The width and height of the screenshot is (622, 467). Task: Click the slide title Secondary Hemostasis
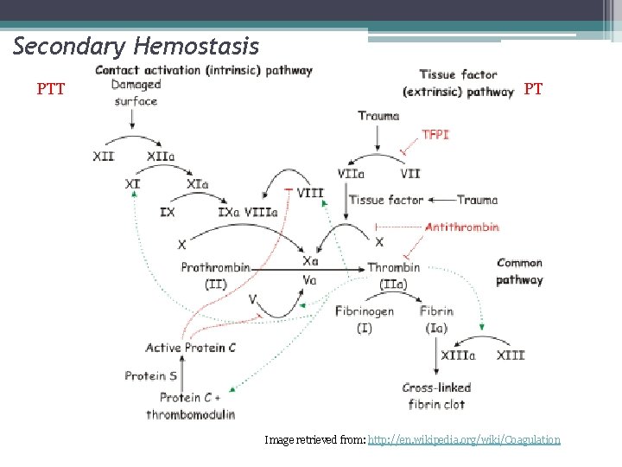[136, 46]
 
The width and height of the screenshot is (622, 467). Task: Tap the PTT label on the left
[51, 88]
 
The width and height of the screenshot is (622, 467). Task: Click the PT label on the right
[533, 88]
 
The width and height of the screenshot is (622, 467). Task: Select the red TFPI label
[435, 135]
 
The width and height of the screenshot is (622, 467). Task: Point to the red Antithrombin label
[461, 227]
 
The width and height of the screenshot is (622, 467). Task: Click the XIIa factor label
[161, 157]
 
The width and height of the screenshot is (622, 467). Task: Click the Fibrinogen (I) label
[364, 319]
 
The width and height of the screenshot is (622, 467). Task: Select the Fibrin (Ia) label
[436, 319]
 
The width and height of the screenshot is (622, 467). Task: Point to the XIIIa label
[457, 355]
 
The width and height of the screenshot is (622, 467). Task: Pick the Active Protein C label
[190, 348]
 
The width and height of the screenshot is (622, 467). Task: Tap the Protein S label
[150, 375]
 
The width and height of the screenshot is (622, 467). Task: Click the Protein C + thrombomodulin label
[191, 406]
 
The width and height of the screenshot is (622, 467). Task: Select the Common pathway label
[519, 271]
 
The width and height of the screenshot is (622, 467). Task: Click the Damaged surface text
[136, 93]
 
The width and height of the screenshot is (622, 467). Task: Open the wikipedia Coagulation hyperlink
[464, 440]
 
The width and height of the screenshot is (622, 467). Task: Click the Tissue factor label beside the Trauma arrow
[386, 200]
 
